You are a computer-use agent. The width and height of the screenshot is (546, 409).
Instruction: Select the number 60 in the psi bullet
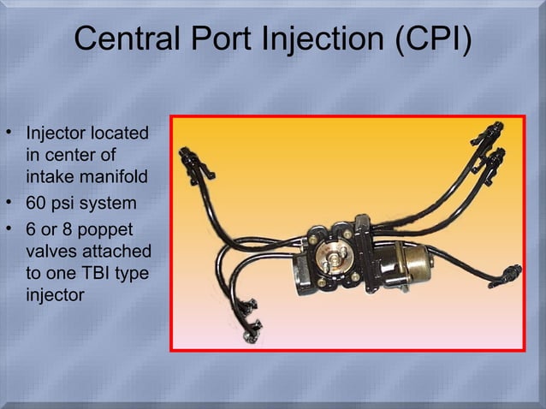38,204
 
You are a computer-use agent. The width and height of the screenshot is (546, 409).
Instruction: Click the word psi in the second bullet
68,204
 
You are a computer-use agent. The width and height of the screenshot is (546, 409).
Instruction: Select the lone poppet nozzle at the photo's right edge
512,274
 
